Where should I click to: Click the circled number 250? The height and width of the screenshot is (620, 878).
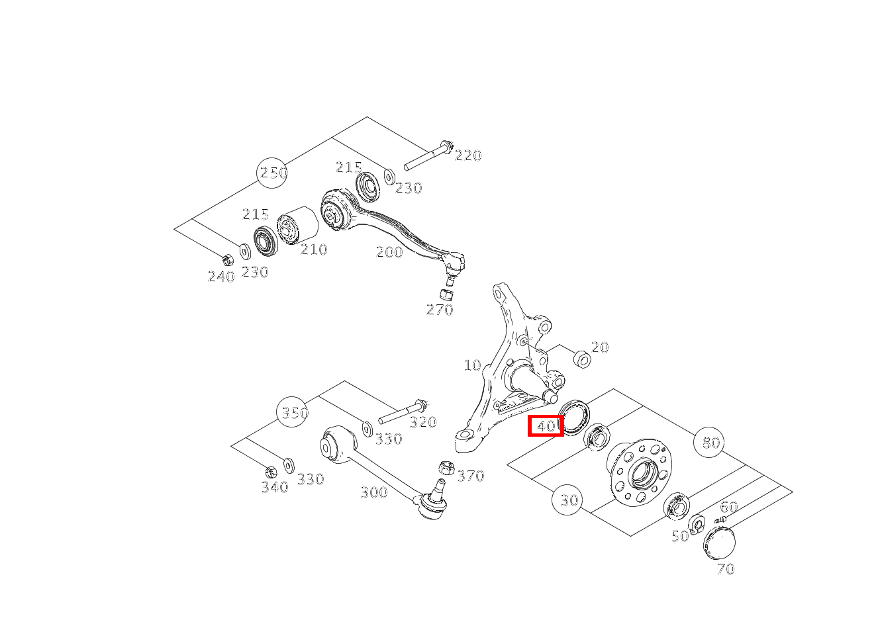[x=272, y=173]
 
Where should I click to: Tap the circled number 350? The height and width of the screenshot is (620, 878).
[x=293, y=412]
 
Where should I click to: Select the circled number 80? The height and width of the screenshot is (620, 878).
[x=709, y=443]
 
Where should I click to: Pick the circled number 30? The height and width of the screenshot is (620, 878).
[x=567, y=500]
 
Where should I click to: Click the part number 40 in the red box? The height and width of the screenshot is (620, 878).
[x=546, y=425]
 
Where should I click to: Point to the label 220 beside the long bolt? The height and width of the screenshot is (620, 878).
[x=468, y=155]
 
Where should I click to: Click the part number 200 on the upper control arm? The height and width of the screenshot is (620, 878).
[x=389, y=252]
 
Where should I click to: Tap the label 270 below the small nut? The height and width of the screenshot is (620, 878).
[x=440, y=310]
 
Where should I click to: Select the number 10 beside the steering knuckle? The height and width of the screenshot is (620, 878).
[x=472, y=365]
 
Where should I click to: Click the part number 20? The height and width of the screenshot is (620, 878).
[x=600, y=347]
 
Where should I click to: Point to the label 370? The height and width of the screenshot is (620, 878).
[x=471, y=476]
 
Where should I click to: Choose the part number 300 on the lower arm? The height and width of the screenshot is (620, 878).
[x=374, y=492]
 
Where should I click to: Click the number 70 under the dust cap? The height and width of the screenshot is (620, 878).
[x=726, y=569]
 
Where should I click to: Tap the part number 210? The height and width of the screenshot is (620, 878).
[x=314, y=249]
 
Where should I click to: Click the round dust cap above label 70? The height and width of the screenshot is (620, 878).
[x=719, y=543]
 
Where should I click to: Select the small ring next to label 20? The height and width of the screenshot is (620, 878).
[x=582, y=359]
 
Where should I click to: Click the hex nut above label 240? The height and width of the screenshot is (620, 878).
[x=227, y=259]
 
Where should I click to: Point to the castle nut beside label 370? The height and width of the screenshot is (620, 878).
[x=446, y=468]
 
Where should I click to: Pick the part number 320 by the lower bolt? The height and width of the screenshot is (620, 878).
[x=423, y=422]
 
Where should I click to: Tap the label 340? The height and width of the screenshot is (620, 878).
[x=275, y=487]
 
